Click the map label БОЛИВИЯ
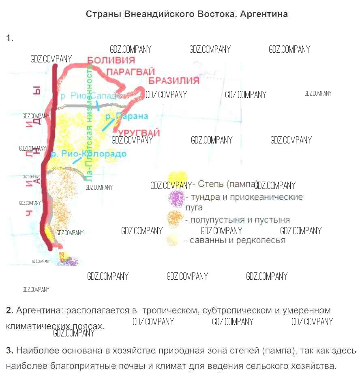[x=111, y=60]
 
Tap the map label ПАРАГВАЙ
[x=131, y=71]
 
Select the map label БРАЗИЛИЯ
[x=174, y=80]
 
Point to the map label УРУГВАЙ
[x=139, y=133]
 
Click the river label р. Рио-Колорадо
[x=88, y=154]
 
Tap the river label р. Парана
[x=126, y=116]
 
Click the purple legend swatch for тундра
[x=176, y=198]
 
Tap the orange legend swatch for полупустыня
[x=176, y=219]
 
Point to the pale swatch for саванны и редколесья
[x=173, y=240]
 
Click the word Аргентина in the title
[x=264, y=14]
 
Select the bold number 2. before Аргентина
[x=10, y=311]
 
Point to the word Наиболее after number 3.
[x=37, y=351]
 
